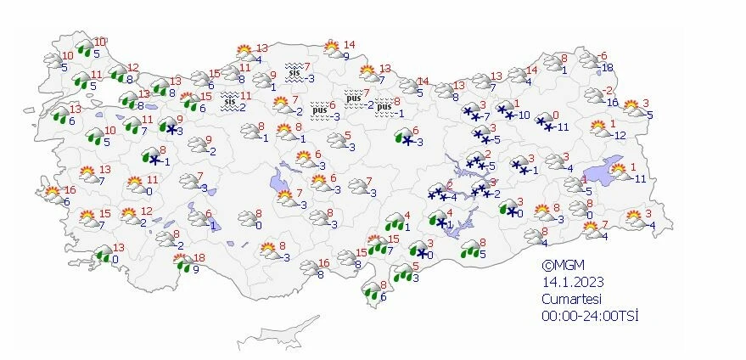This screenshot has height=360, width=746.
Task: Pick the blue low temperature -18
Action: click(x=606, y=67)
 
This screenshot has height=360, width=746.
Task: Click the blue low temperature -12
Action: click(x=619, y=135)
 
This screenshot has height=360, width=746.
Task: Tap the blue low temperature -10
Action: click(x=524, y=115)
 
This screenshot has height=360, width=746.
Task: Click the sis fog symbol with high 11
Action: click(x=229, y=102)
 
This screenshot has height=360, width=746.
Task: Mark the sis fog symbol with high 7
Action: click(x=294, y=72)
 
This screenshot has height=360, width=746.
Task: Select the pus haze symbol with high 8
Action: click(x=384, y=107)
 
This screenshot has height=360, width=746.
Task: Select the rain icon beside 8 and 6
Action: click(x=371, y=292)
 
